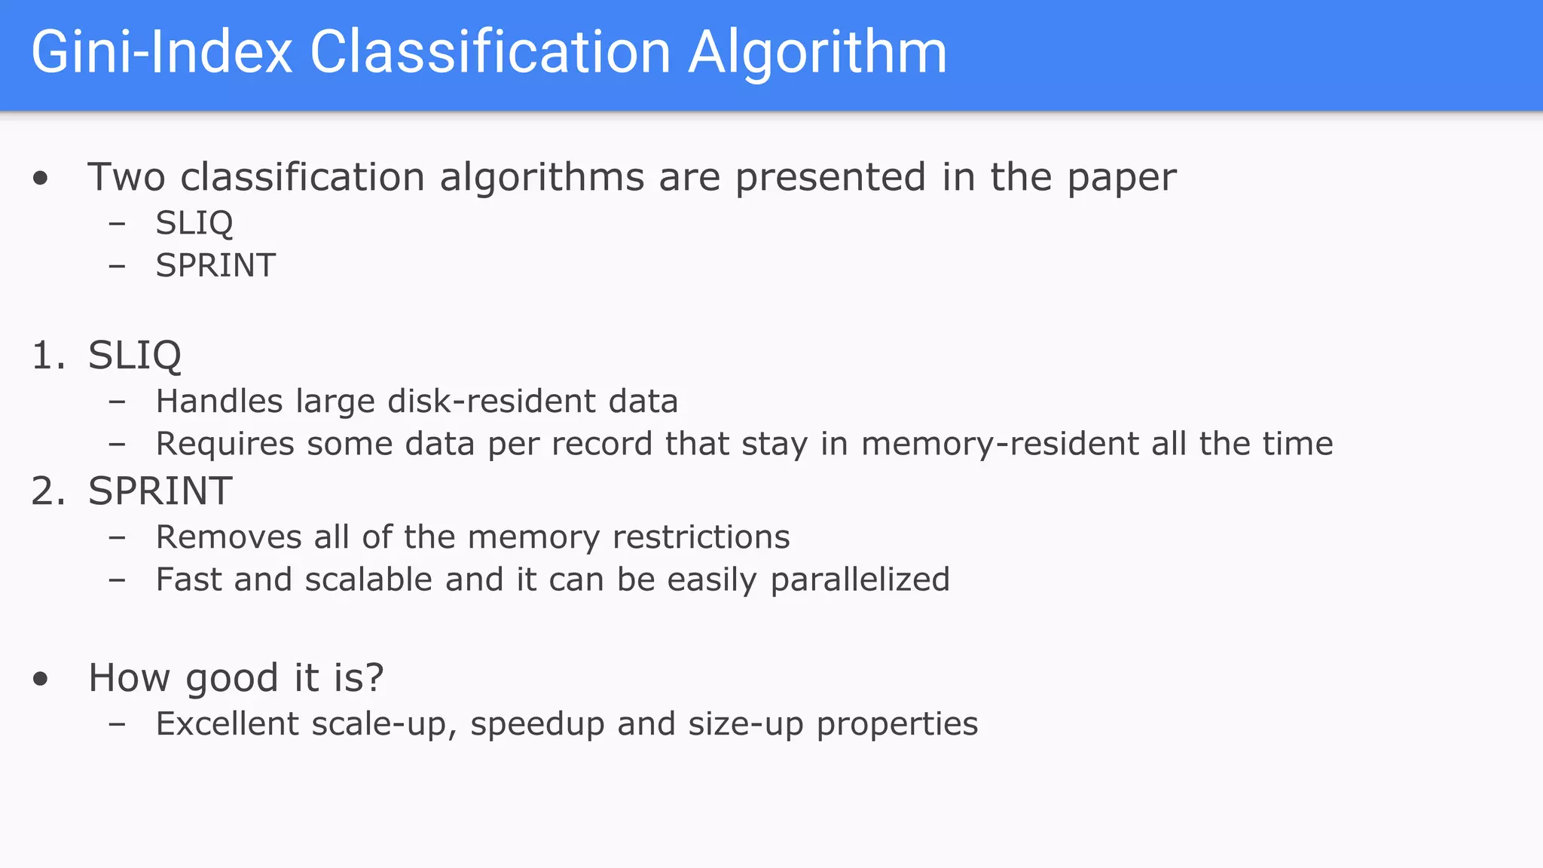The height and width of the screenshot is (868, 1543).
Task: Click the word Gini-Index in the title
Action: pyautogui.click(x=161, y=53)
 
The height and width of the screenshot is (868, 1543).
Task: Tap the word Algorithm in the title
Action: pyautogui.click(x=817, y=53)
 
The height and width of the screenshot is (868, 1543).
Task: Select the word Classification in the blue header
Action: pyautogui.click(x=490, y=53)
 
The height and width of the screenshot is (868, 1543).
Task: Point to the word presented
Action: pyautogui.click(x=830, y=179)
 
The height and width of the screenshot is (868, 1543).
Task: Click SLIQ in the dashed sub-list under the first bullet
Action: pyautogui.click(x=194, y=223)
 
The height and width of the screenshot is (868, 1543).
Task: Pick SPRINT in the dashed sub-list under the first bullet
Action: pyautogui.click(x=215, y=265)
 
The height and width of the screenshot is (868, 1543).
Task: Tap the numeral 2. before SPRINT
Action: pyautogui.click(x=48, y=491)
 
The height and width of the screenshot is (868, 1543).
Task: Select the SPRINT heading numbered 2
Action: pyautogui.click(x=160, y=491)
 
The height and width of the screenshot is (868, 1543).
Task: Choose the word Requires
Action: pyautogui.click(x=225, y=445)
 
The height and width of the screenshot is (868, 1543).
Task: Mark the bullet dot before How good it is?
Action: pyautogui.click(x=41, y=679)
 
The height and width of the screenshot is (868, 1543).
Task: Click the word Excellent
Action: pyautogui.click(x=227, y=724)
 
